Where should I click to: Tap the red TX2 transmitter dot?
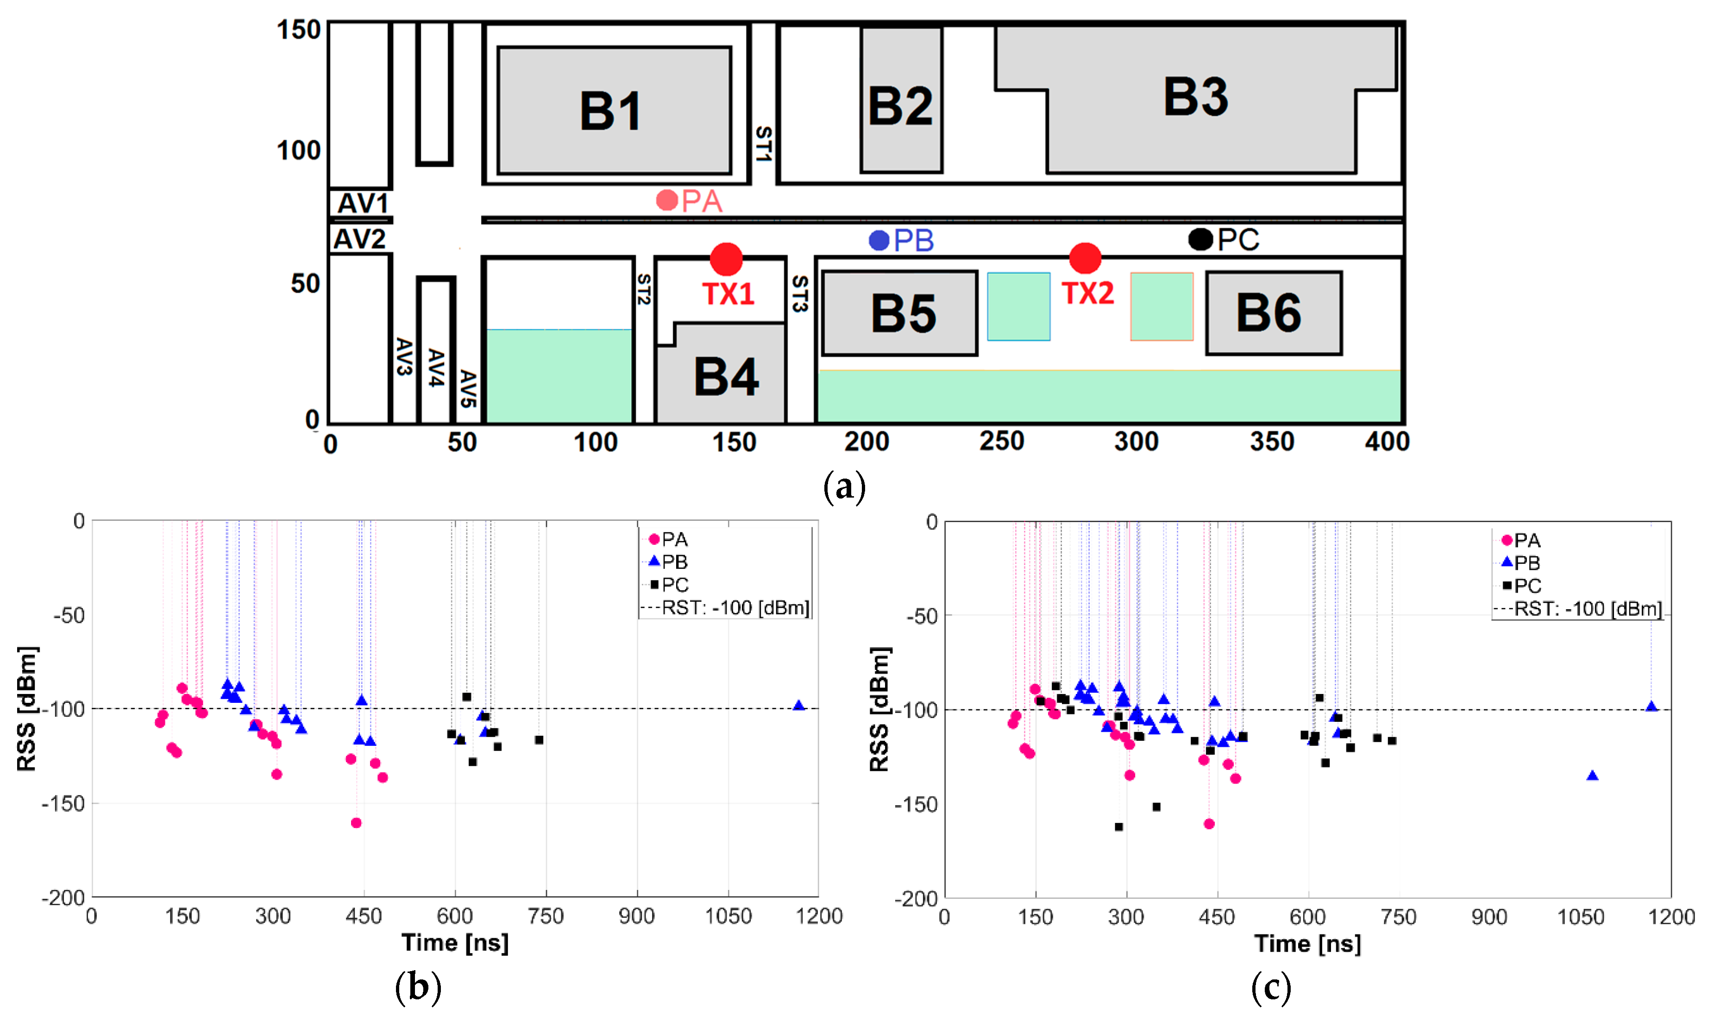tap(1085, 259)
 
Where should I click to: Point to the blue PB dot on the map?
tap(879, 240)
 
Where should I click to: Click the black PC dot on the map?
tap(1200, 239)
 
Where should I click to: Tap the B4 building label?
tap(726, 377)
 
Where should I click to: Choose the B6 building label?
tap(1269, 313)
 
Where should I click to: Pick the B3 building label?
tap(1196, 97)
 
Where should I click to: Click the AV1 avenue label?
tap(363, 203)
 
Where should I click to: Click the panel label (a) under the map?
tap(844, 487)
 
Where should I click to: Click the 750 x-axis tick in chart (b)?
tap(546, 916)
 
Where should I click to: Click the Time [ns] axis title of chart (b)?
tap(455, 943)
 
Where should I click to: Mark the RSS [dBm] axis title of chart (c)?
tap(879, 709)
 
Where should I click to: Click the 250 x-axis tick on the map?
tap(1002, 442)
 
